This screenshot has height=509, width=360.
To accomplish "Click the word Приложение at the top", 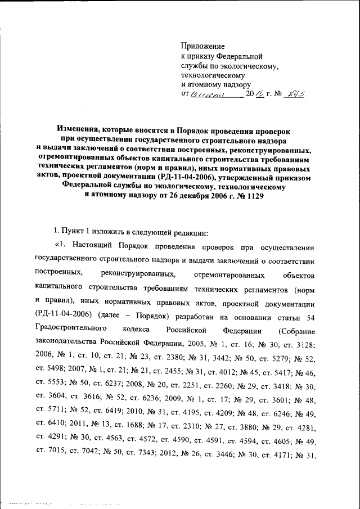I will click(x=202, y=46).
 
